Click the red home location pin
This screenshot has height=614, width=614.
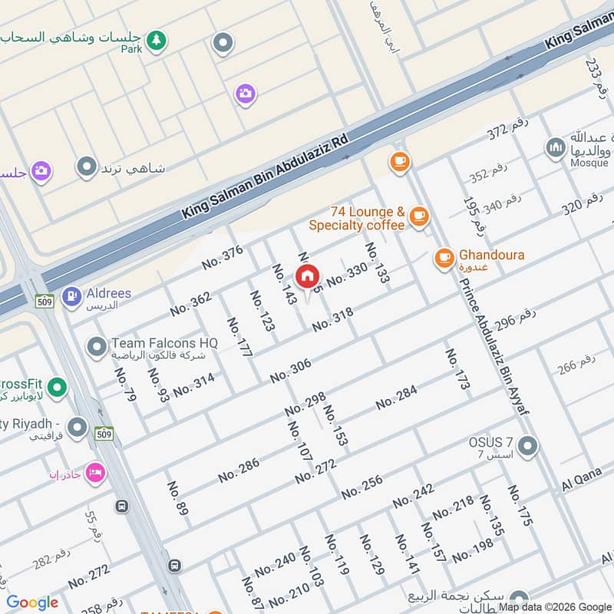[308, 276]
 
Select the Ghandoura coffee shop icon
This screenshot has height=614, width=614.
[444, 258]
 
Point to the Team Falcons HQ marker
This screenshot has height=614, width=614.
[97, 348]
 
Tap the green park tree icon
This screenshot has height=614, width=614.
[157, 41]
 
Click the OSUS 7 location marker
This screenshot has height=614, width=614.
[527, 445]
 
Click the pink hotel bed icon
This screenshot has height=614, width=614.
[95, 470]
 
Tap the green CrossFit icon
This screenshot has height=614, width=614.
[56, 388]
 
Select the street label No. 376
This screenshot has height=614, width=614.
[223, 257]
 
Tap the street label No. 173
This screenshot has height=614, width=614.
[457, 369]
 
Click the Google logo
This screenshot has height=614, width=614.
[32, 602]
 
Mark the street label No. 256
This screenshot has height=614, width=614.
[361, 487]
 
